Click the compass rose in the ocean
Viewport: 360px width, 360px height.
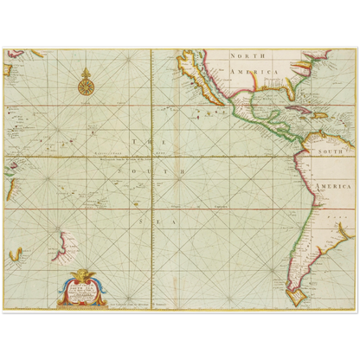click(85, 86)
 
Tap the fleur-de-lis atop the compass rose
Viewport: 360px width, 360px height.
click(85, 71)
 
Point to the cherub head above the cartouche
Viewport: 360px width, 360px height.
click(84, 273)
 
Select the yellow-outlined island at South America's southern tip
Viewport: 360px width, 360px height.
click(297, 297)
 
